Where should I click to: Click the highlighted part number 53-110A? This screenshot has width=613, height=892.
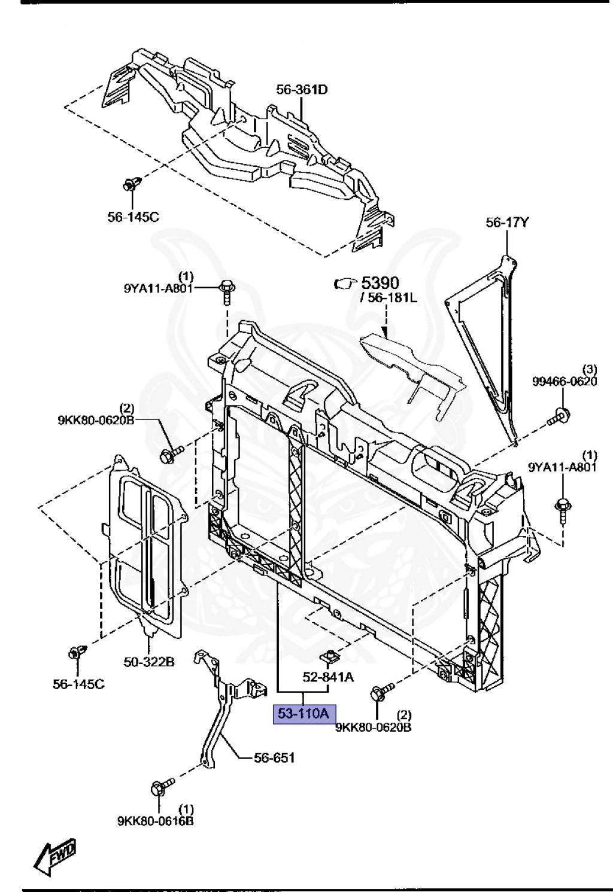click(x=304, y=714)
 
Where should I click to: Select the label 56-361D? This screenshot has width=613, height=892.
click(x=302, y=90)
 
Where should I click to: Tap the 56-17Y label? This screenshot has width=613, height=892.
click(x=507, y=223)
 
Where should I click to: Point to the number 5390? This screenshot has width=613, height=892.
click(x=380, y=282)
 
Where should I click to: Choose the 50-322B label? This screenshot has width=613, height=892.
click(x=149, y=662)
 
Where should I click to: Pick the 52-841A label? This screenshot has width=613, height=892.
click(x=328, y=677)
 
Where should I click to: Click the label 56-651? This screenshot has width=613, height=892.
click(x=275, y=757)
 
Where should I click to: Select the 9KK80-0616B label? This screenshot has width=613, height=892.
click(x=156, y=821)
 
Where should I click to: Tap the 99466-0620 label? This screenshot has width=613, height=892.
click(x=565, y=381)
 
